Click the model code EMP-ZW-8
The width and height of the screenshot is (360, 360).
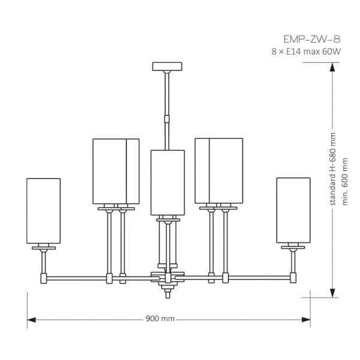(312, 39)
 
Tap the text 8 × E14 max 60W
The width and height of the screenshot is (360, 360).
(306, 52)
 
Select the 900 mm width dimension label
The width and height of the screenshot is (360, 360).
(160, 319)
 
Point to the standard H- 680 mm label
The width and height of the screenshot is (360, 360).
(332, 169)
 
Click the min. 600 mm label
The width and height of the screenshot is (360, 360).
(345, 182)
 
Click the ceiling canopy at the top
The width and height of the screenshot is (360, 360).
(167, 67)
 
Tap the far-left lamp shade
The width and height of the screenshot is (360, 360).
(43, 211)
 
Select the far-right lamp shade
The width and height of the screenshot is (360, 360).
(293, 210)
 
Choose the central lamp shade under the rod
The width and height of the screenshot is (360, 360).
(167, 183)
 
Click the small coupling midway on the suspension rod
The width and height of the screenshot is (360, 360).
(167, 119)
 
